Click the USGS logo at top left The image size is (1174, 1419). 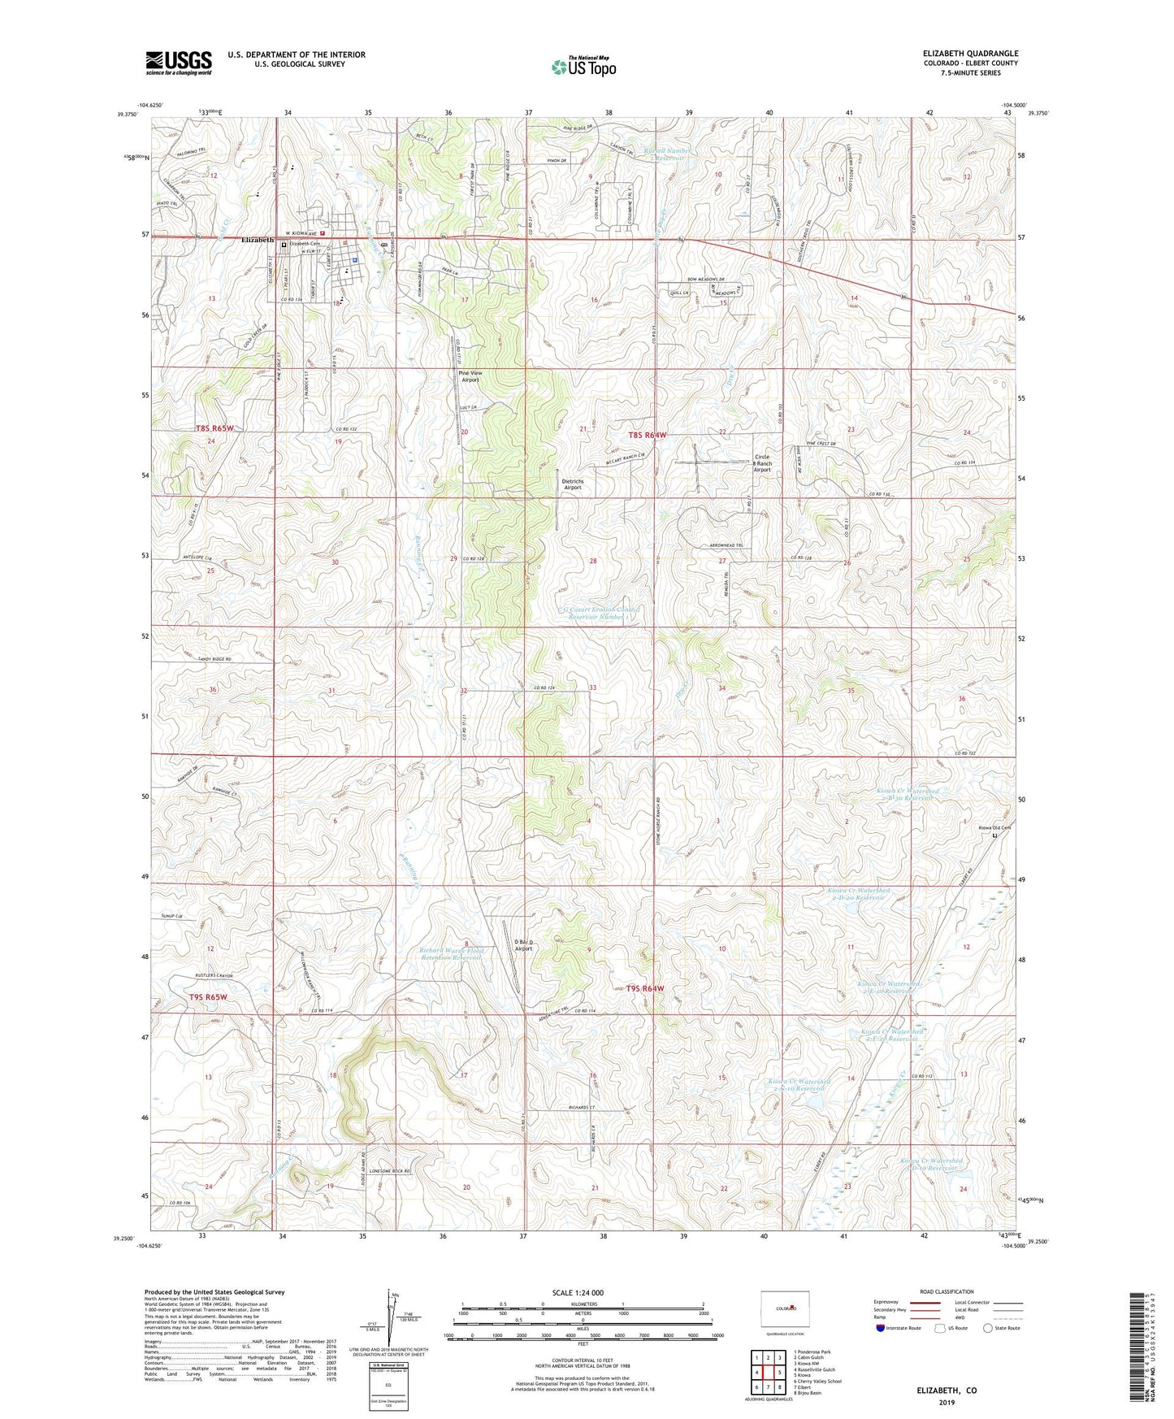(178, 62)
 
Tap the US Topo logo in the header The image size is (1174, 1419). (583, 67)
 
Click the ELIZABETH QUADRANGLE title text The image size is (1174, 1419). (970, 54)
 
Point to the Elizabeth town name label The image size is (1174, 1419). (258, 241)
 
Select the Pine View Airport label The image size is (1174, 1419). (470, 375)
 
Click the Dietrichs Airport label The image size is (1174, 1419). (572, 484)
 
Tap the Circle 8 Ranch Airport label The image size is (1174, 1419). (761, 462)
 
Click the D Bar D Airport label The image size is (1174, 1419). (523, 945)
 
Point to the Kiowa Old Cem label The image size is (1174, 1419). (994, 828)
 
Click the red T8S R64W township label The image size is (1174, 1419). (647, 436)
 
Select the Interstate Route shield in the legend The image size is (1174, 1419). (882, 1328)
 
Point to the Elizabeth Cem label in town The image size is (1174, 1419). (305, 244)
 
